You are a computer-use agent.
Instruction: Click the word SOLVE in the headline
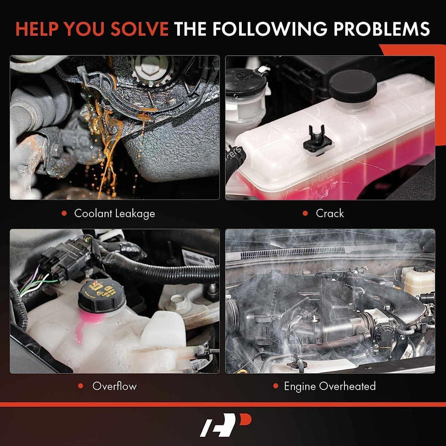tap(139, 29)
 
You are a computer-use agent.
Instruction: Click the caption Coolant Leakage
tap(115, 213)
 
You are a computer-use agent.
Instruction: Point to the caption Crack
tap(330, 213)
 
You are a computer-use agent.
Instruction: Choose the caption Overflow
tap(115, 386)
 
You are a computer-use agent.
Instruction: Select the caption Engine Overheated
tap(330, 386)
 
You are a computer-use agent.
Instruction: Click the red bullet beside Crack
tap(306, 213)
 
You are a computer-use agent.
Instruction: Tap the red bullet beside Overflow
tap(81, 386)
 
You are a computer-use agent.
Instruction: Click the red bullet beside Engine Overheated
tap(275, 386)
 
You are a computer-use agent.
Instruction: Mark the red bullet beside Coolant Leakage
tap(64, 213)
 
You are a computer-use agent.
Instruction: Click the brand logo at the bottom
tap(225, 425)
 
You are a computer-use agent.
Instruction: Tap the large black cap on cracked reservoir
tap(353, 85)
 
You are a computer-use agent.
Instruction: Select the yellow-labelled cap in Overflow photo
tap(101, 294)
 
